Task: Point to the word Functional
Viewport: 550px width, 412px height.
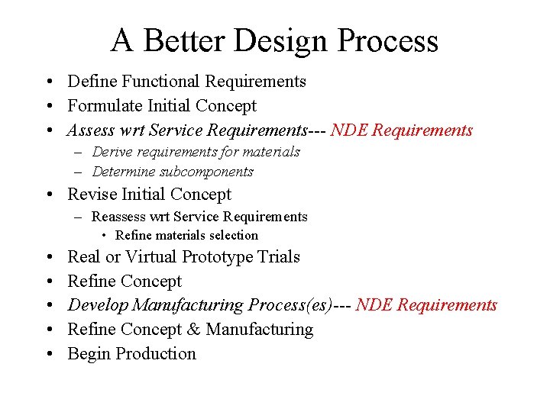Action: point(159,81)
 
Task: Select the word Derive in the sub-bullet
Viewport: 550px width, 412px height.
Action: point(112,152)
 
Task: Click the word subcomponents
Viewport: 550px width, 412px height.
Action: point(207,172)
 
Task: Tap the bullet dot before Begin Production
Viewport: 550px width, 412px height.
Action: point(49,354)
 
